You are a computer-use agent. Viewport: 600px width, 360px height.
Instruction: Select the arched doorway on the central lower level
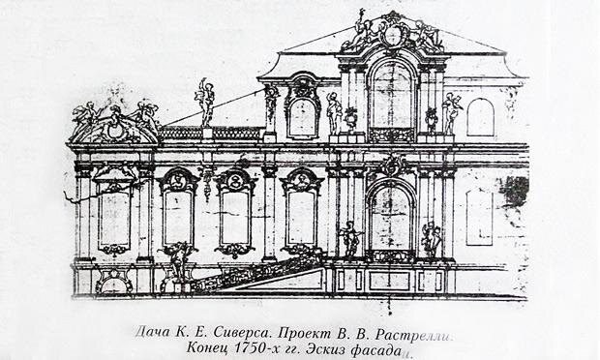tap(391, 221)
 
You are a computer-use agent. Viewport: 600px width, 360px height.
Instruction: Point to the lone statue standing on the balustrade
tap(205, 101)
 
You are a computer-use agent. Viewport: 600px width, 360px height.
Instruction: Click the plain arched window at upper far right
tap(480, 116)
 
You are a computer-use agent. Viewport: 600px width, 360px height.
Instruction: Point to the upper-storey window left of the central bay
tap(302, 116)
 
